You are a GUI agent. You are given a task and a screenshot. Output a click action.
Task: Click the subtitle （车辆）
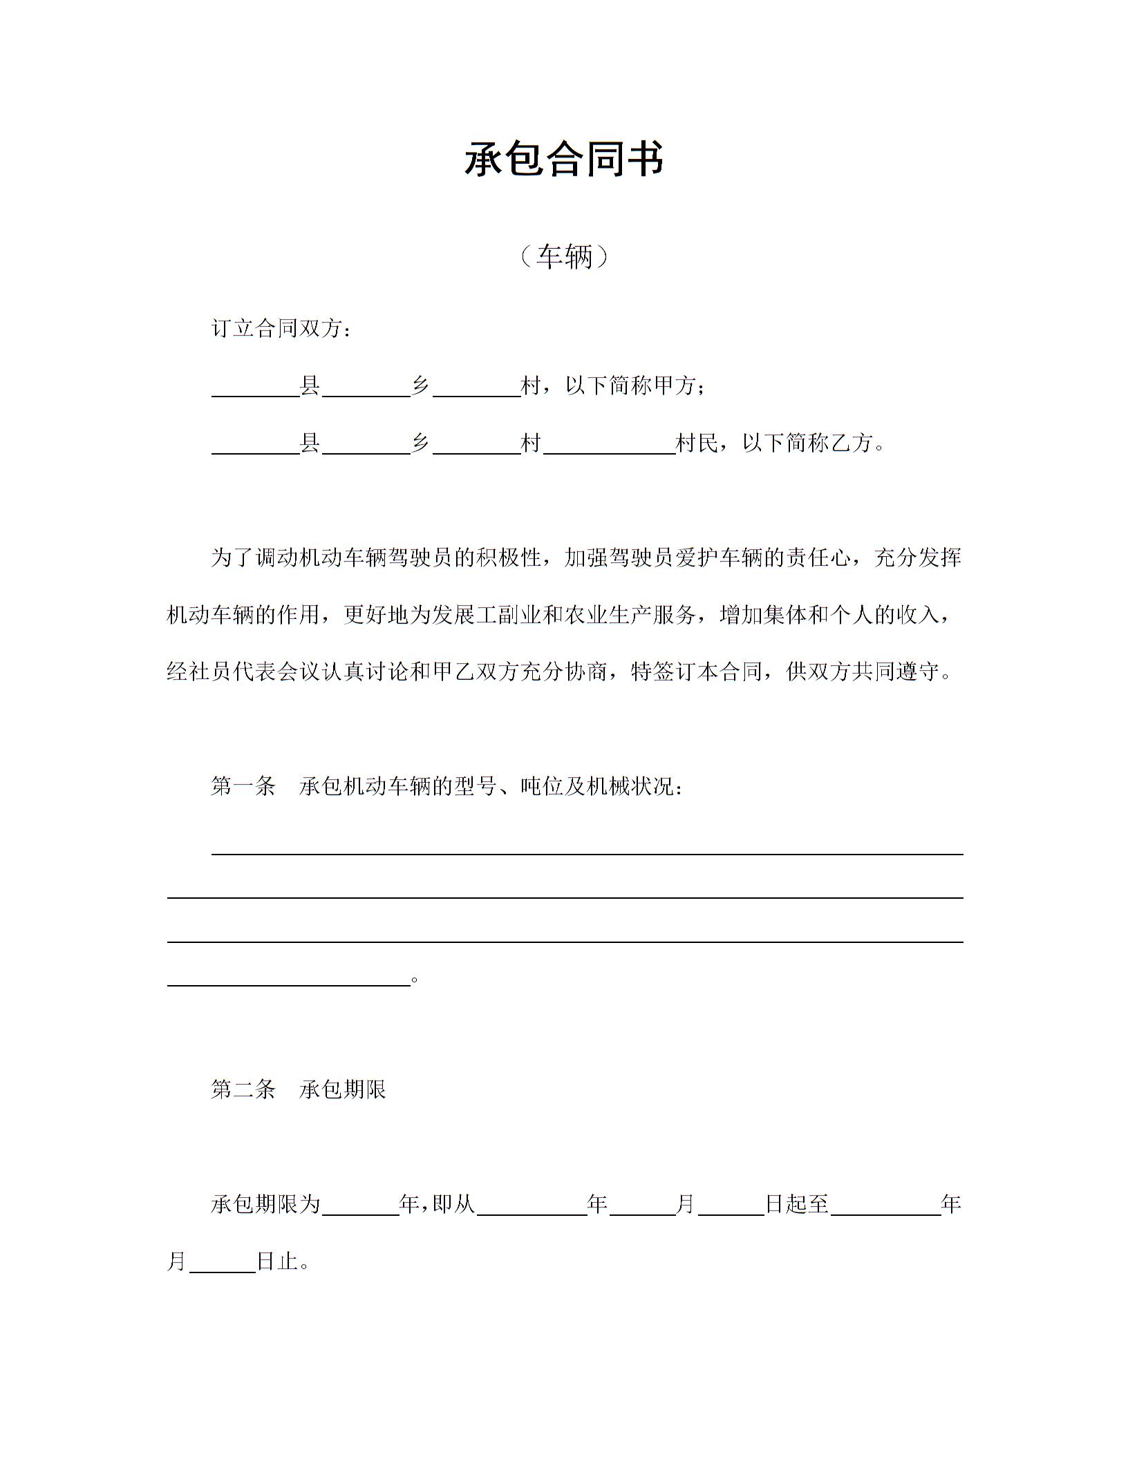(x=564, y=257)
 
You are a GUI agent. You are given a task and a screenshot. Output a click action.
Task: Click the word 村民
(x=697, y=443)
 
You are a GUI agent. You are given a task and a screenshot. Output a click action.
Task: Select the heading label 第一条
(x=243, y=786)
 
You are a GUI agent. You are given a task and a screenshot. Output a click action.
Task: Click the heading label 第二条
(x=243, y=1090)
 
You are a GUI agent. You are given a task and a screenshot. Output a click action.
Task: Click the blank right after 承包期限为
(x=361, y=1208)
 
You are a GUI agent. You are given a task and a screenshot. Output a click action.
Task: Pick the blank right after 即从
(x=532, y=1208)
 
